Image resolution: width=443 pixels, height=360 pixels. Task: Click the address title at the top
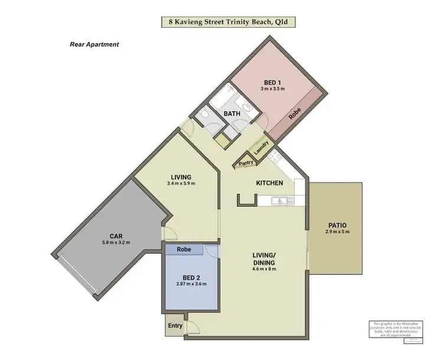tap(228, 22)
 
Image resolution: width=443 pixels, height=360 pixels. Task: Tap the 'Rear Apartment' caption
tap(95, 44)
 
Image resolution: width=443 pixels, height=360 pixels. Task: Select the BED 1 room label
tap(272, 82)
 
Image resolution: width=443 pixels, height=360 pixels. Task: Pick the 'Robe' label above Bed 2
tap(184, 250)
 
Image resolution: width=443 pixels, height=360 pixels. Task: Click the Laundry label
tap(261, 146)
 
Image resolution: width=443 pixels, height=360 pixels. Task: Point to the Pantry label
tap(246, 159)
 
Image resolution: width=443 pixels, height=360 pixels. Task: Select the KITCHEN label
tap(269, 183)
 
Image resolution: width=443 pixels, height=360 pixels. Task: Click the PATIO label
tap(337, 225)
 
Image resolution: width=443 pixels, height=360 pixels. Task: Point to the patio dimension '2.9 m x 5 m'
tap(337, 232)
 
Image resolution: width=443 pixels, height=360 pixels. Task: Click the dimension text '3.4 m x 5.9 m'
tap(181, 184)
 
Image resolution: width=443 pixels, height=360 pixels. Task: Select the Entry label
tap(175, 326)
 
